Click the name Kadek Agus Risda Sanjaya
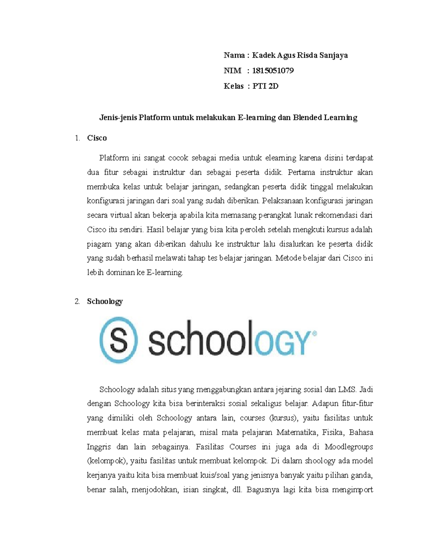coord(300,55)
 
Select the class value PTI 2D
coord(265,86)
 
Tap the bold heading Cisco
coord(97,138)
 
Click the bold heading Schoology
coord(105,301)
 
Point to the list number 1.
coord(77,138)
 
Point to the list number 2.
coord(77,301)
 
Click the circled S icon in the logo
coord(118,340)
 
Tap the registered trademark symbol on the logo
coord(314,333)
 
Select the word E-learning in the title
coord(257,118)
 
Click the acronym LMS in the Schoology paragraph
coord(347,390)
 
